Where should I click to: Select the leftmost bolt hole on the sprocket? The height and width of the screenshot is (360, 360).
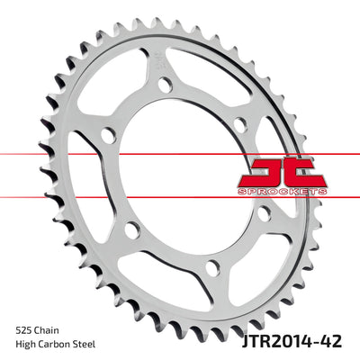click(106, 137)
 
